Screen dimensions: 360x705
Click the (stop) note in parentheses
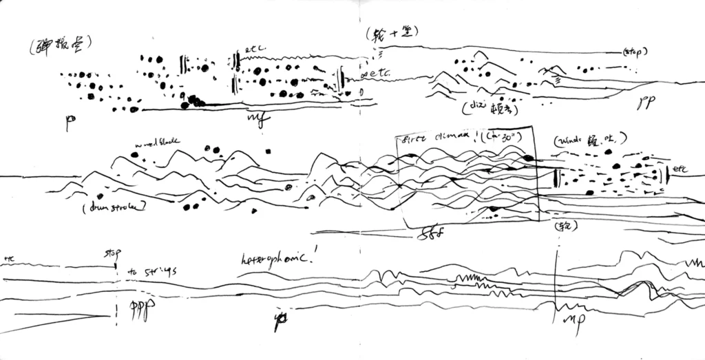click(x=634, y=52)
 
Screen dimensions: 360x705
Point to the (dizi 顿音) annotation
click(x=487, y=108)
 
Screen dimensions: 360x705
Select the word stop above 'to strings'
click(x=111, y=253)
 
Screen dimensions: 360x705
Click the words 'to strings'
click(x=152, y=272)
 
